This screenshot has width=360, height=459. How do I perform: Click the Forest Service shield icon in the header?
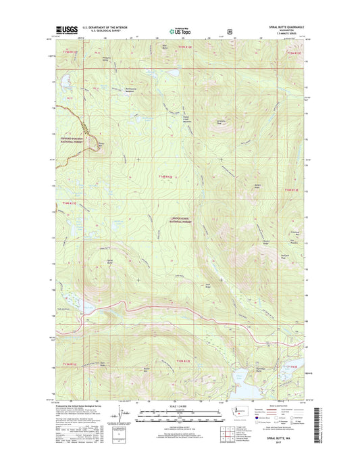(231, 30)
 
